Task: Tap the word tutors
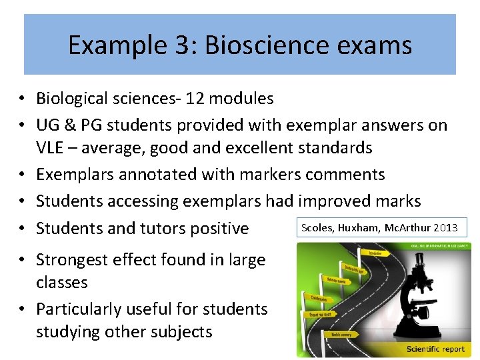[162, 229]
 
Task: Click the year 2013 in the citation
[445, 228]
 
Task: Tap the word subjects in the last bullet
[179, 332]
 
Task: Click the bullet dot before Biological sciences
[23, 99]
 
